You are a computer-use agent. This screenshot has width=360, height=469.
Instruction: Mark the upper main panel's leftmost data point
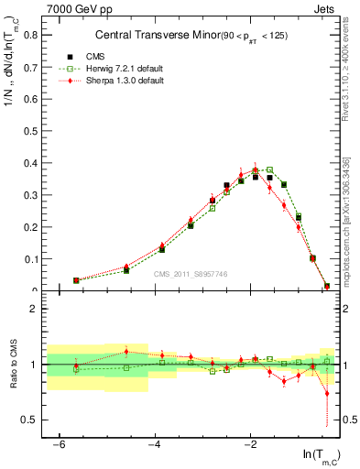click(76, 280)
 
